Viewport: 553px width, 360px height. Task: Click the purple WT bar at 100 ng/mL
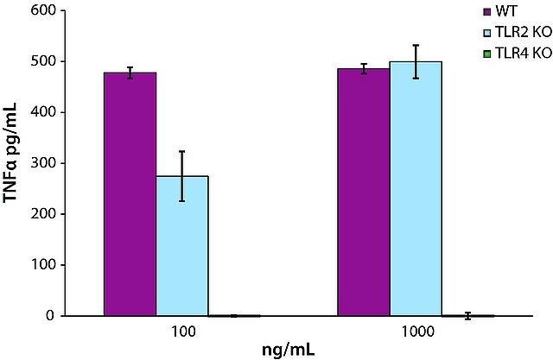click(130, 194)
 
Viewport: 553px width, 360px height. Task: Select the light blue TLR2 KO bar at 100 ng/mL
click(182, 246)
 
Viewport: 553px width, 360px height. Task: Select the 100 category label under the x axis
click(182, 332)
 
